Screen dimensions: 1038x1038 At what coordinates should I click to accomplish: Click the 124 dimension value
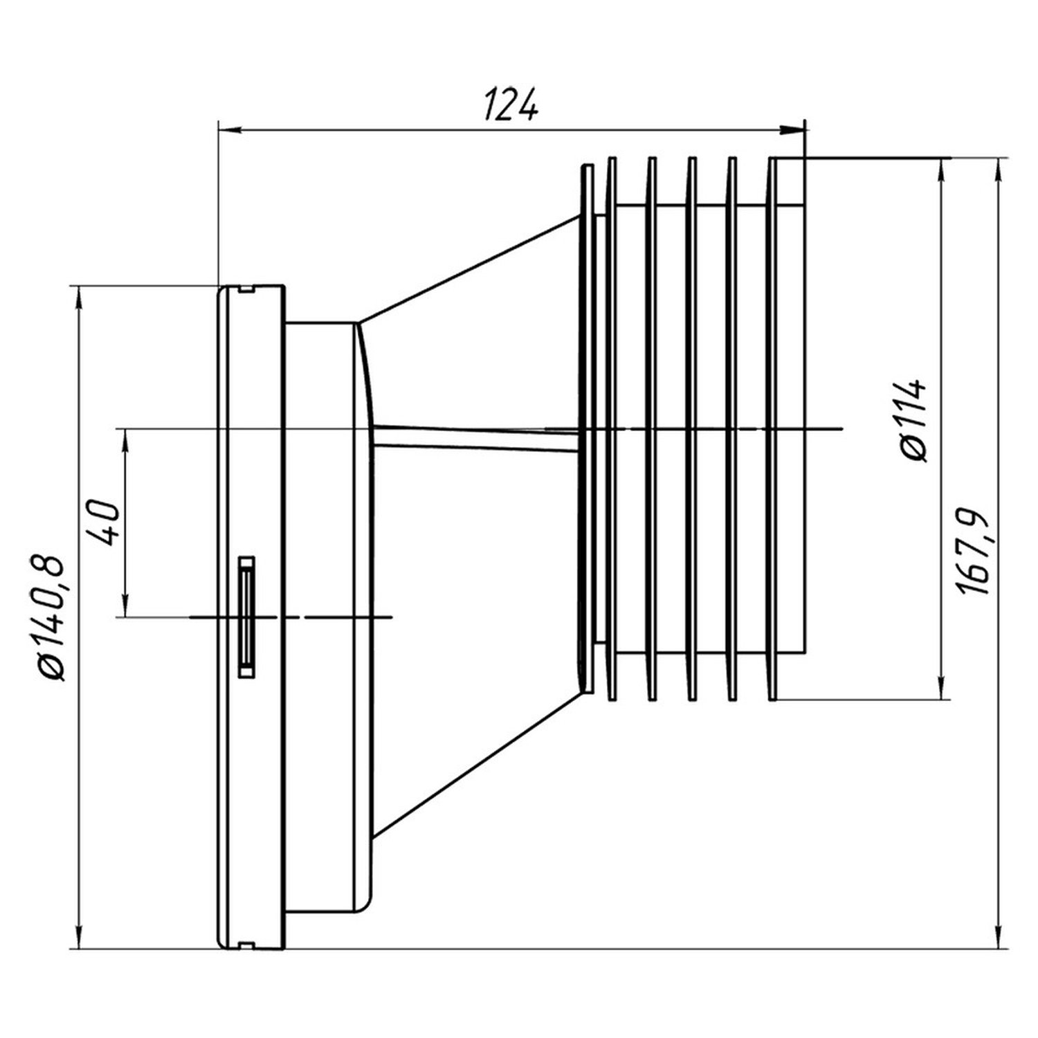click(511, 104)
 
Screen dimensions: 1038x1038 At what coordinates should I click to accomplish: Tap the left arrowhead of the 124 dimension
click(229, 129)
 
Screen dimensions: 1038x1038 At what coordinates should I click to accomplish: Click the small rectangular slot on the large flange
click(246, 616)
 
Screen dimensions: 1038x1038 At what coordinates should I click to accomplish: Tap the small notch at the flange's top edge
click(245, 289)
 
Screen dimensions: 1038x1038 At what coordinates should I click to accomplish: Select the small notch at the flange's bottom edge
click(245, 943)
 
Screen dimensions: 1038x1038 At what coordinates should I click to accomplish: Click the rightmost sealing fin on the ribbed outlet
click(774, 429)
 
